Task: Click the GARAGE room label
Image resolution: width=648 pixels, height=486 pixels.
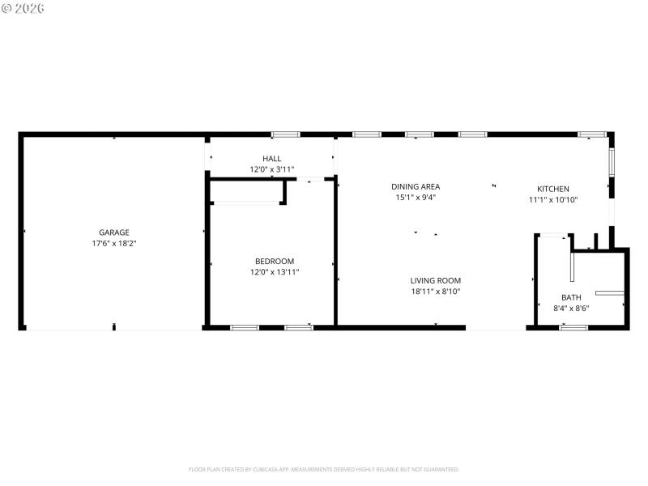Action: (113, 232)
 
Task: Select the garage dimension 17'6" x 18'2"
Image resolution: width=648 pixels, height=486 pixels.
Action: (113, 243)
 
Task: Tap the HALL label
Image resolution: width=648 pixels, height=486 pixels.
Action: (271, 159)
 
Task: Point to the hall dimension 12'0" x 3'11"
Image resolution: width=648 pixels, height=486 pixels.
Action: (271, 169)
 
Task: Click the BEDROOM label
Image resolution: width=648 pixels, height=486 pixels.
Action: (275, 261)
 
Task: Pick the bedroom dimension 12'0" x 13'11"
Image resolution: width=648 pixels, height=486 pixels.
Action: (275, 272)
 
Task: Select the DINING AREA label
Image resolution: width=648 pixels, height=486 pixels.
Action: (416, 186)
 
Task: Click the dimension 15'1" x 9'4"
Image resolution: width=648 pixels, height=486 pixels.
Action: (416, 197)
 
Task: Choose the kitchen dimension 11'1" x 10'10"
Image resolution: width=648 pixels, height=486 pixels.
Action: (553, 199)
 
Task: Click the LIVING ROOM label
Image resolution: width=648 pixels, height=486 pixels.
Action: (435, 280)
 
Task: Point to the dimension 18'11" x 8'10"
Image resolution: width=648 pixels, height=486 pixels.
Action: (435, 292)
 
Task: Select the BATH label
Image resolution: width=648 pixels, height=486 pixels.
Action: (571, 297)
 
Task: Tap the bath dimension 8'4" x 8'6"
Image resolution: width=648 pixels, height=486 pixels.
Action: (571, 308)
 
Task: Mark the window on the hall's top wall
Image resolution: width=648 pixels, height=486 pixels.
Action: (285, 134)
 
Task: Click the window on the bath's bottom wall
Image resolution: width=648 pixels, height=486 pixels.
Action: (573, 327)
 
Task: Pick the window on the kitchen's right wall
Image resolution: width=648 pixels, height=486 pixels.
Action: (612, 161)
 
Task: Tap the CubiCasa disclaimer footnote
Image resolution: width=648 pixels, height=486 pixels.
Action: (324, 469)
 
